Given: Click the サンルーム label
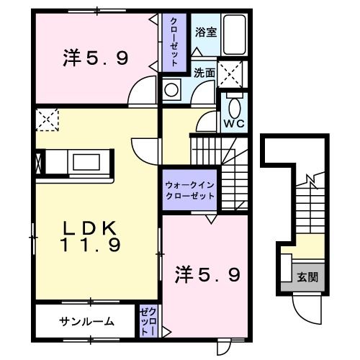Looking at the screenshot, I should pos(86,321).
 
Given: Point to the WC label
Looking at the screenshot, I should pos(233,123).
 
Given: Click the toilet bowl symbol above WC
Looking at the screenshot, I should pos(234,107).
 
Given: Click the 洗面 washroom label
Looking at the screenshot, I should pos(204,73).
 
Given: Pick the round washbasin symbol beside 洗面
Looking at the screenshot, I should pos(172,90).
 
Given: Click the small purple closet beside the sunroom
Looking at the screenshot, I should pos(148,320).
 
